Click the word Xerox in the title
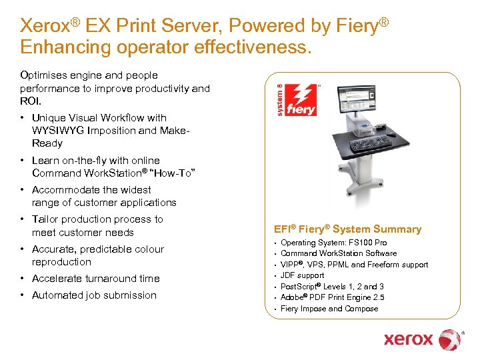(45, 26)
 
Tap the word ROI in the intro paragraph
(31, 101)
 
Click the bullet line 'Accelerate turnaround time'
(95, 279)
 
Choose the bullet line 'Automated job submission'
(94, 295)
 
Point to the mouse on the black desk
(392, 135)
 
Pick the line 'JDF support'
(302, 275)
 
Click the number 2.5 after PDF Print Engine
(378, 297)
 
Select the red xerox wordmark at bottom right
(408, 339)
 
